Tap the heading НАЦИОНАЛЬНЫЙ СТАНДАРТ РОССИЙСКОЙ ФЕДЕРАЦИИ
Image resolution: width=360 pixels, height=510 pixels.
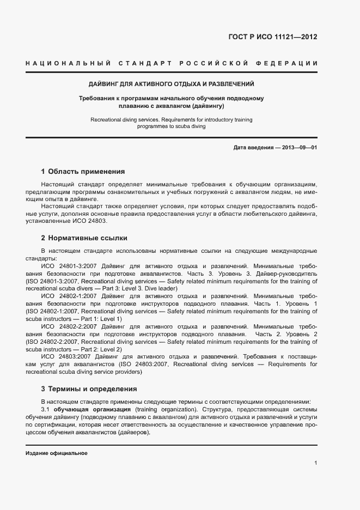(172, 64)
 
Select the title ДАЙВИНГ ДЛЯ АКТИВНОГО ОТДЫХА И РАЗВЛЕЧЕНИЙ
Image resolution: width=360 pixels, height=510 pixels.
(172, 84)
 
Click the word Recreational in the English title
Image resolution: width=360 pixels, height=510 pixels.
(106, 119)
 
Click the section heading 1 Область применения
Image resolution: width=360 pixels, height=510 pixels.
(83, 171)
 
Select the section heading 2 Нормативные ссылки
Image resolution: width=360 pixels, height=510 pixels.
(85, 238)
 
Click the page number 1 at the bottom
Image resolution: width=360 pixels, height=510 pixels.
(316, 463)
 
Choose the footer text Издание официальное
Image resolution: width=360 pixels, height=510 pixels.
(57, 453)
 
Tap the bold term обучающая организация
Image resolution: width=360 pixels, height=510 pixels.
(91, 409)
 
